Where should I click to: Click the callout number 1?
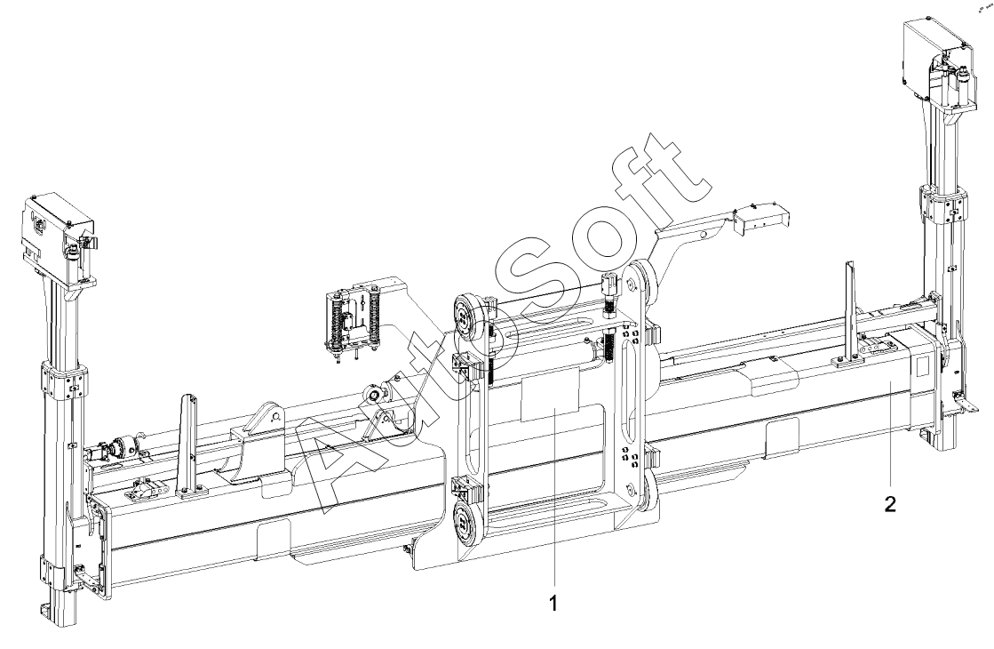553,604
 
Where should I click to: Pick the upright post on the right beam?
848,313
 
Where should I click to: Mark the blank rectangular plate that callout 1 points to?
550,397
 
